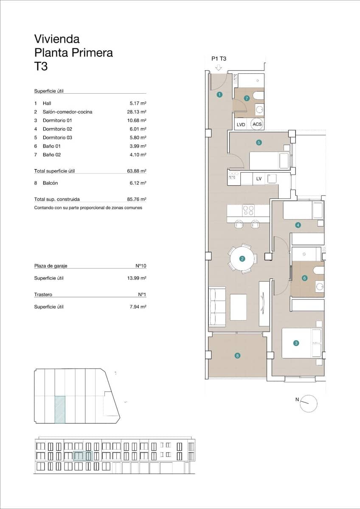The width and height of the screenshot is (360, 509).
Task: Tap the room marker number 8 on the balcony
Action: (x=237, y=356)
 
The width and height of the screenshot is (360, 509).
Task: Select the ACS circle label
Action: (x=257, y=124)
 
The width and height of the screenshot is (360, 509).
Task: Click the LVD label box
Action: (x=241, y=125)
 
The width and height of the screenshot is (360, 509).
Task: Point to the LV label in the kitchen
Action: (x=259, y=179)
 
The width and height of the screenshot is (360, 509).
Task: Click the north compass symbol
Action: (x=309, y=403)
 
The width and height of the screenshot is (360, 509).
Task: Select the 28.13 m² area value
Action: (x=138, y=112)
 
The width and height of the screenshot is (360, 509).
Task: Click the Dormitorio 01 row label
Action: (x=58, y=120)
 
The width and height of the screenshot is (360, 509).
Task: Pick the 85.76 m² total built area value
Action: (x=138, y=199)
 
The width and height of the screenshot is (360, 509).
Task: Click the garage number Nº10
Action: (x=141, y=266)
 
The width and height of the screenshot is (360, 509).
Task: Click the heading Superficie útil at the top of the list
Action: (x=48, y=91)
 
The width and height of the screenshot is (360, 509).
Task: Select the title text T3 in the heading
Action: (x=41, y=67)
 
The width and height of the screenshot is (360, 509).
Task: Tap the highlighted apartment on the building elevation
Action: (x=82, y=456)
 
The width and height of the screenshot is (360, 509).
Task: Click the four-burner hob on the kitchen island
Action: (x=248, y=210)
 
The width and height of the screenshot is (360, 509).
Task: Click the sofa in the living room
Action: (x=217, y=307)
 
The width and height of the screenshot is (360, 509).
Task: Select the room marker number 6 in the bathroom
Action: (x=304, y=278)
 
